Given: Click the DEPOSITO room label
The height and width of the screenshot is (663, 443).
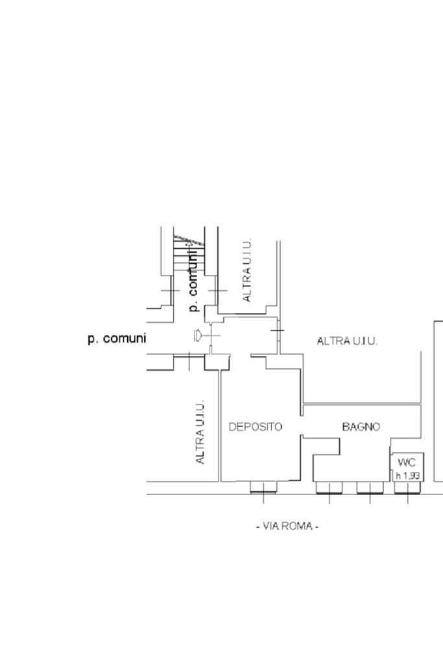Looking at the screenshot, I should [x=255, y=427].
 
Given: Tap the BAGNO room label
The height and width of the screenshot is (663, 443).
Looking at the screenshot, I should [x=361, y=427].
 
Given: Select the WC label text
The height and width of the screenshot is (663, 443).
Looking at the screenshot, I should [x=407, y=462].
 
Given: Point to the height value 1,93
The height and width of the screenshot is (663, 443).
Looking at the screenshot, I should [x=411, y=476].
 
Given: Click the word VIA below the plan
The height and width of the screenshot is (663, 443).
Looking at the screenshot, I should [x=271, y=526].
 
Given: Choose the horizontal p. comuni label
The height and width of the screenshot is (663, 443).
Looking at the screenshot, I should [x=117, y=338].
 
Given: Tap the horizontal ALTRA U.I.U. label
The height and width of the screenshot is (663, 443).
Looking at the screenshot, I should [x=347, y=341].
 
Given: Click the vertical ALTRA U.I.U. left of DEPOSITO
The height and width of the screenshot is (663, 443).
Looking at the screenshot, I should [x=200, y=431].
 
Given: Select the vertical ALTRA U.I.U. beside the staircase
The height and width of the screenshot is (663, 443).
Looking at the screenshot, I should [x=246, y=269].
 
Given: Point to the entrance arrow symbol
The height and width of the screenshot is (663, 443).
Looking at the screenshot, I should [x=199, y=335].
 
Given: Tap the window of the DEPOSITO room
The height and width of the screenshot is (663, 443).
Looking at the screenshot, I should [x=263, y=487].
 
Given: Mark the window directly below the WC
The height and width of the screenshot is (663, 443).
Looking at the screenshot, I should [x=408, y=487].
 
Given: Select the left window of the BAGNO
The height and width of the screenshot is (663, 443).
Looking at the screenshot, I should [x=329, y=487].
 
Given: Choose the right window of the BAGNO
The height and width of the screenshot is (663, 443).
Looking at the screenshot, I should [x=370, y=487].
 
